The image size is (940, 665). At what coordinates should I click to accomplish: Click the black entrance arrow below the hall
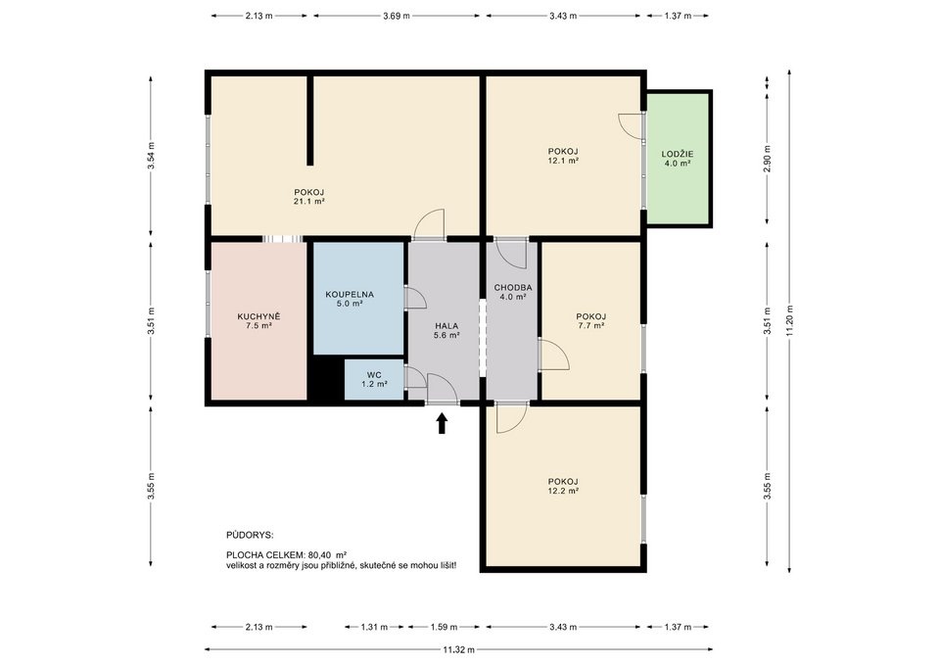coord(442,422)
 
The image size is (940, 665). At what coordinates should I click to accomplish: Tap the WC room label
coord(374,379)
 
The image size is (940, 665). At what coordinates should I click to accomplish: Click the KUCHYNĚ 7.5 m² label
coord(258,321)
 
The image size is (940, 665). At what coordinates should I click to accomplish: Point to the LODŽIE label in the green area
coord(677,160)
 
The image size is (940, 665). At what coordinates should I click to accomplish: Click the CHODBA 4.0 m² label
coord(512,291)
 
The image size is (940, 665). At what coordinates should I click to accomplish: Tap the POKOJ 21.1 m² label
coord(308,196)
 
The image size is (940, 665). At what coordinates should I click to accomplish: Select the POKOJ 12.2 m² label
coord(563,486)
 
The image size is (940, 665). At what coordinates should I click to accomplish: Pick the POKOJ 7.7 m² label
coord(590,320)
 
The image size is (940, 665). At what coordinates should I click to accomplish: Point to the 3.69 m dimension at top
coord(397,17)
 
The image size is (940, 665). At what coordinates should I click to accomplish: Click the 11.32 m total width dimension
coord(457,649)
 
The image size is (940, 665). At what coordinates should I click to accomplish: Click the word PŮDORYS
coord(250,536)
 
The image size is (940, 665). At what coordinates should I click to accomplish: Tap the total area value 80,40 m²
coord(328,554)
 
